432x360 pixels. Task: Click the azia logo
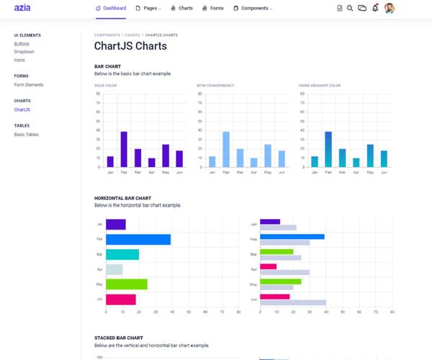[22, 9]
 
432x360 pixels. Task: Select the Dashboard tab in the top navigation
[111, 9]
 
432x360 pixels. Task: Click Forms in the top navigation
[212, 9]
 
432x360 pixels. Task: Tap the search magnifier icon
[350, 9]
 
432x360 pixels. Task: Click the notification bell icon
[374, 9]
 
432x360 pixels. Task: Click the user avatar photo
[390, 9]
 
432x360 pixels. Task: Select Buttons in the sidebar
[22, 44]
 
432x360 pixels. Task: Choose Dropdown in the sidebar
[24, 52]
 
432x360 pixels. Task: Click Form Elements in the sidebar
[29, 85]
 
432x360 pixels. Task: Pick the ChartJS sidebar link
[22, 110]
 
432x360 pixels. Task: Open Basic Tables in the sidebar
[27, 135]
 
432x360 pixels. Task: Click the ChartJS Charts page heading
[130, 46]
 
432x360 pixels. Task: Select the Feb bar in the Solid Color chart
[124, 149]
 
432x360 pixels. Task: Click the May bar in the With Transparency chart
[268, 156]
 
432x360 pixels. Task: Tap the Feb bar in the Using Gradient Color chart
[328, 149]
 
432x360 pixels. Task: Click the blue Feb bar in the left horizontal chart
[138, 239]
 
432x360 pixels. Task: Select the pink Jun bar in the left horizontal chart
[120, 299]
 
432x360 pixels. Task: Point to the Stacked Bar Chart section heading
[119, 338]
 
